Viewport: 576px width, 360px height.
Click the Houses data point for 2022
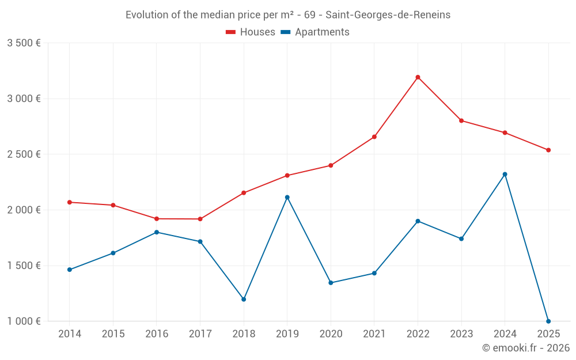pyautogui.click(x=418, y=77)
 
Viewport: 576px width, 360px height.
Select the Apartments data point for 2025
pyautogui.click(x=548, y=321)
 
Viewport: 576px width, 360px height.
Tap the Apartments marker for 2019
pyautogui.click(x=287, y=197)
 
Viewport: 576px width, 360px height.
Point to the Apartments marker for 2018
pyautogui.click(x=244, y=299)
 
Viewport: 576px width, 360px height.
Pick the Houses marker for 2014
pyautogui.click(x=69, y=202)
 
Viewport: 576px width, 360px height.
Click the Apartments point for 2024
pyautogui.click(x=505, y=174)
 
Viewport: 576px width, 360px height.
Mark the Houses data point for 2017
pyautogui.click(x=200, y=219)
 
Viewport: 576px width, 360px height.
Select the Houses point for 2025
pyautogui.click(x=548, y=150)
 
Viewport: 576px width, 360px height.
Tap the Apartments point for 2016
pyautogui.click(x=157, y=232)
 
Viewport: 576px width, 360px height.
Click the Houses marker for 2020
pyautogui.click(x=331, y=165)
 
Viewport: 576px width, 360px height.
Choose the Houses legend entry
pyautogui.click(x=251, y=32)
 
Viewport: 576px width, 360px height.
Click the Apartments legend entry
pyautogui.click(x=315, y=32)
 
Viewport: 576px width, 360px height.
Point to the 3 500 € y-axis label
pyautogui.click(x=24, y=43)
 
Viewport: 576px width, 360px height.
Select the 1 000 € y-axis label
pyautogui.click(x=24, y=321)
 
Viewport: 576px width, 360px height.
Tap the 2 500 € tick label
pyautogui.click(x=24, y=154)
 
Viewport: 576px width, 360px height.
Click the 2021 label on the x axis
pyautogui.click(x=374, y=334)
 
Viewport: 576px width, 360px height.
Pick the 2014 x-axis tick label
pyautogui.click(x=69, y=334)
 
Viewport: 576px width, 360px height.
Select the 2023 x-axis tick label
pyautogui.click(x=461, y=334)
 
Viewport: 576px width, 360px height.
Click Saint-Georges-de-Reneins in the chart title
pyautogui.click(x=388, y=14)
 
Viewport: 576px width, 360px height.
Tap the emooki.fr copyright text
pyautogui.click(x=525, y=348)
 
